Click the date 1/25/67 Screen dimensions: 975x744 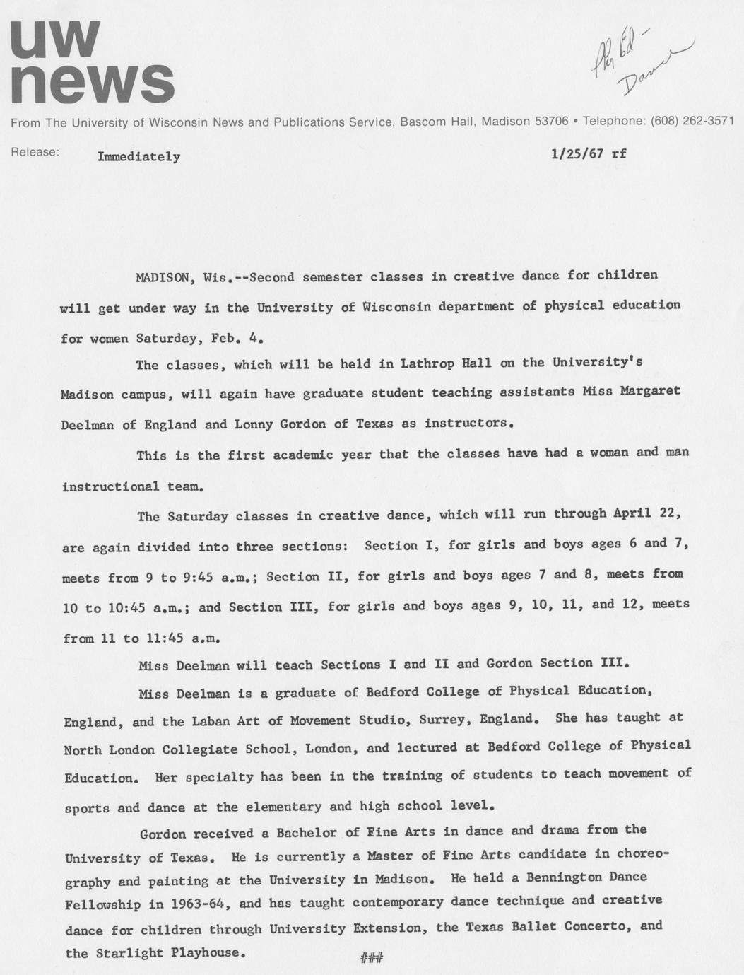click(577, 153)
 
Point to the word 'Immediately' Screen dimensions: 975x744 click(138, 157)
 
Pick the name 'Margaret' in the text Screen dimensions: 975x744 click(650, 391)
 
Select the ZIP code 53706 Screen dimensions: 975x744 click(551, 121)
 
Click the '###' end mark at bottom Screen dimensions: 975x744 click(372, 958)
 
